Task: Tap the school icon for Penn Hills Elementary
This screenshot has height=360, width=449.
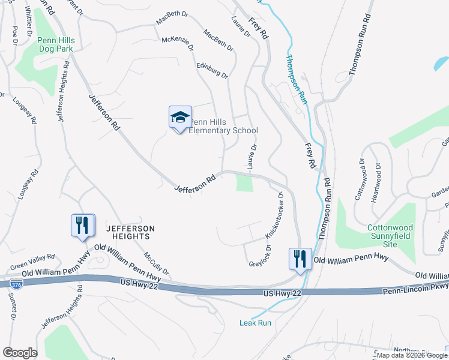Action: (x=180, y=118)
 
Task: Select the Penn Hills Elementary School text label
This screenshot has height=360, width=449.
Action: (x=223, y=126)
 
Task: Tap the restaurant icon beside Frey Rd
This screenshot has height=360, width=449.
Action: (x=300, y=259)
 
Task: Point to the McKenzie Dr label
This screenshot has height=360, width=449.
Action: (x=178, y=44)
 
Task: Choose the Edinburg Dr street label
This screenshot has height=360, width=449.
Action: (x=212, y=68)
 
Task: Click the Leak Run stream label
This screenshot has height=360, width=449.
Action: (x=256, y=323)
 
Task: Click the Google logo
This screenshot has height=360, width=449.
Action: (x=20, y=352)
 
